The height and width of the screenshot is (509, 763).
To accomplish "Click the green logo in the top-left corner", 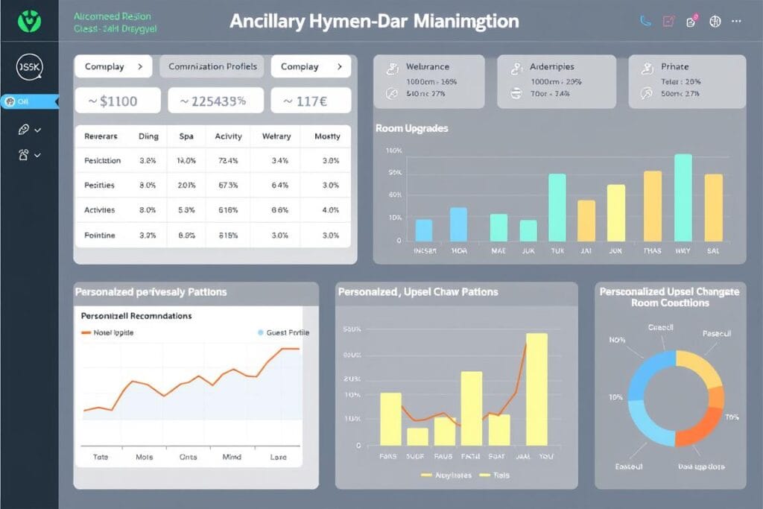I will (x=28, y=21).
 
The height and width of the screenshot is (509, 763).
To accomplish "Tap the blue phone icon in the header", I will (x=645, y=22).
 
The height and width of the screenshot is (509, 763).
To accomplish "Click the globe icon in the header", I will (x=715, y=22).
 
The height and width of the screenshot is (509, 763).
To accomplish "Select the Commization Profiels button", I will (x=212, y=66).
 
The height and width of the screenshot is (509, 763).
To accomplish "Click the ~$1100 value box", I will (x=118, y=101).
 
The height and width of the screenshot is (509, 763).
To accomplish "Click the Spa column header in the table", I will (x=186, y=136).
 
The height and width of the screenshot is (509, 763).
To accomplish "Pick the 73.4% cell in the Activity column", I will (x=228, y=160).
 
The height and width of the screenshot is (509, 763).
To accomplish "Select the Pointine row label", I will (x=99, y=235).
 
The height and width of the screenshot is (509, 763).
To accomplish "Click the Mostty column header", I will (x=327, y=136).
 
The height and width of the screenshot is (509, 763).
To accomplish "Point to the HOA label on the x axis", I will (x=459, y=251).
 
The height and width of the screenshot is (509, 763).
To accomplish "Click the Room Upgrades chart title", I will (x=412, y=128).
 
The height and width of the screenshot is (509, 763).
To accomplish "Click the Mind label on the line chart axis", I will (x=232, y=456).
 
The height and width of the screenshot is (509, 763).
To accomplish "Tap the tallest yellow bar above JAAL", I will (x=536, y=388).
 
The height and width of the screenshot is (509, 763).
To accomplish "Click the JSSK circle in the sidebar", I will (x=29, y=67).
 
